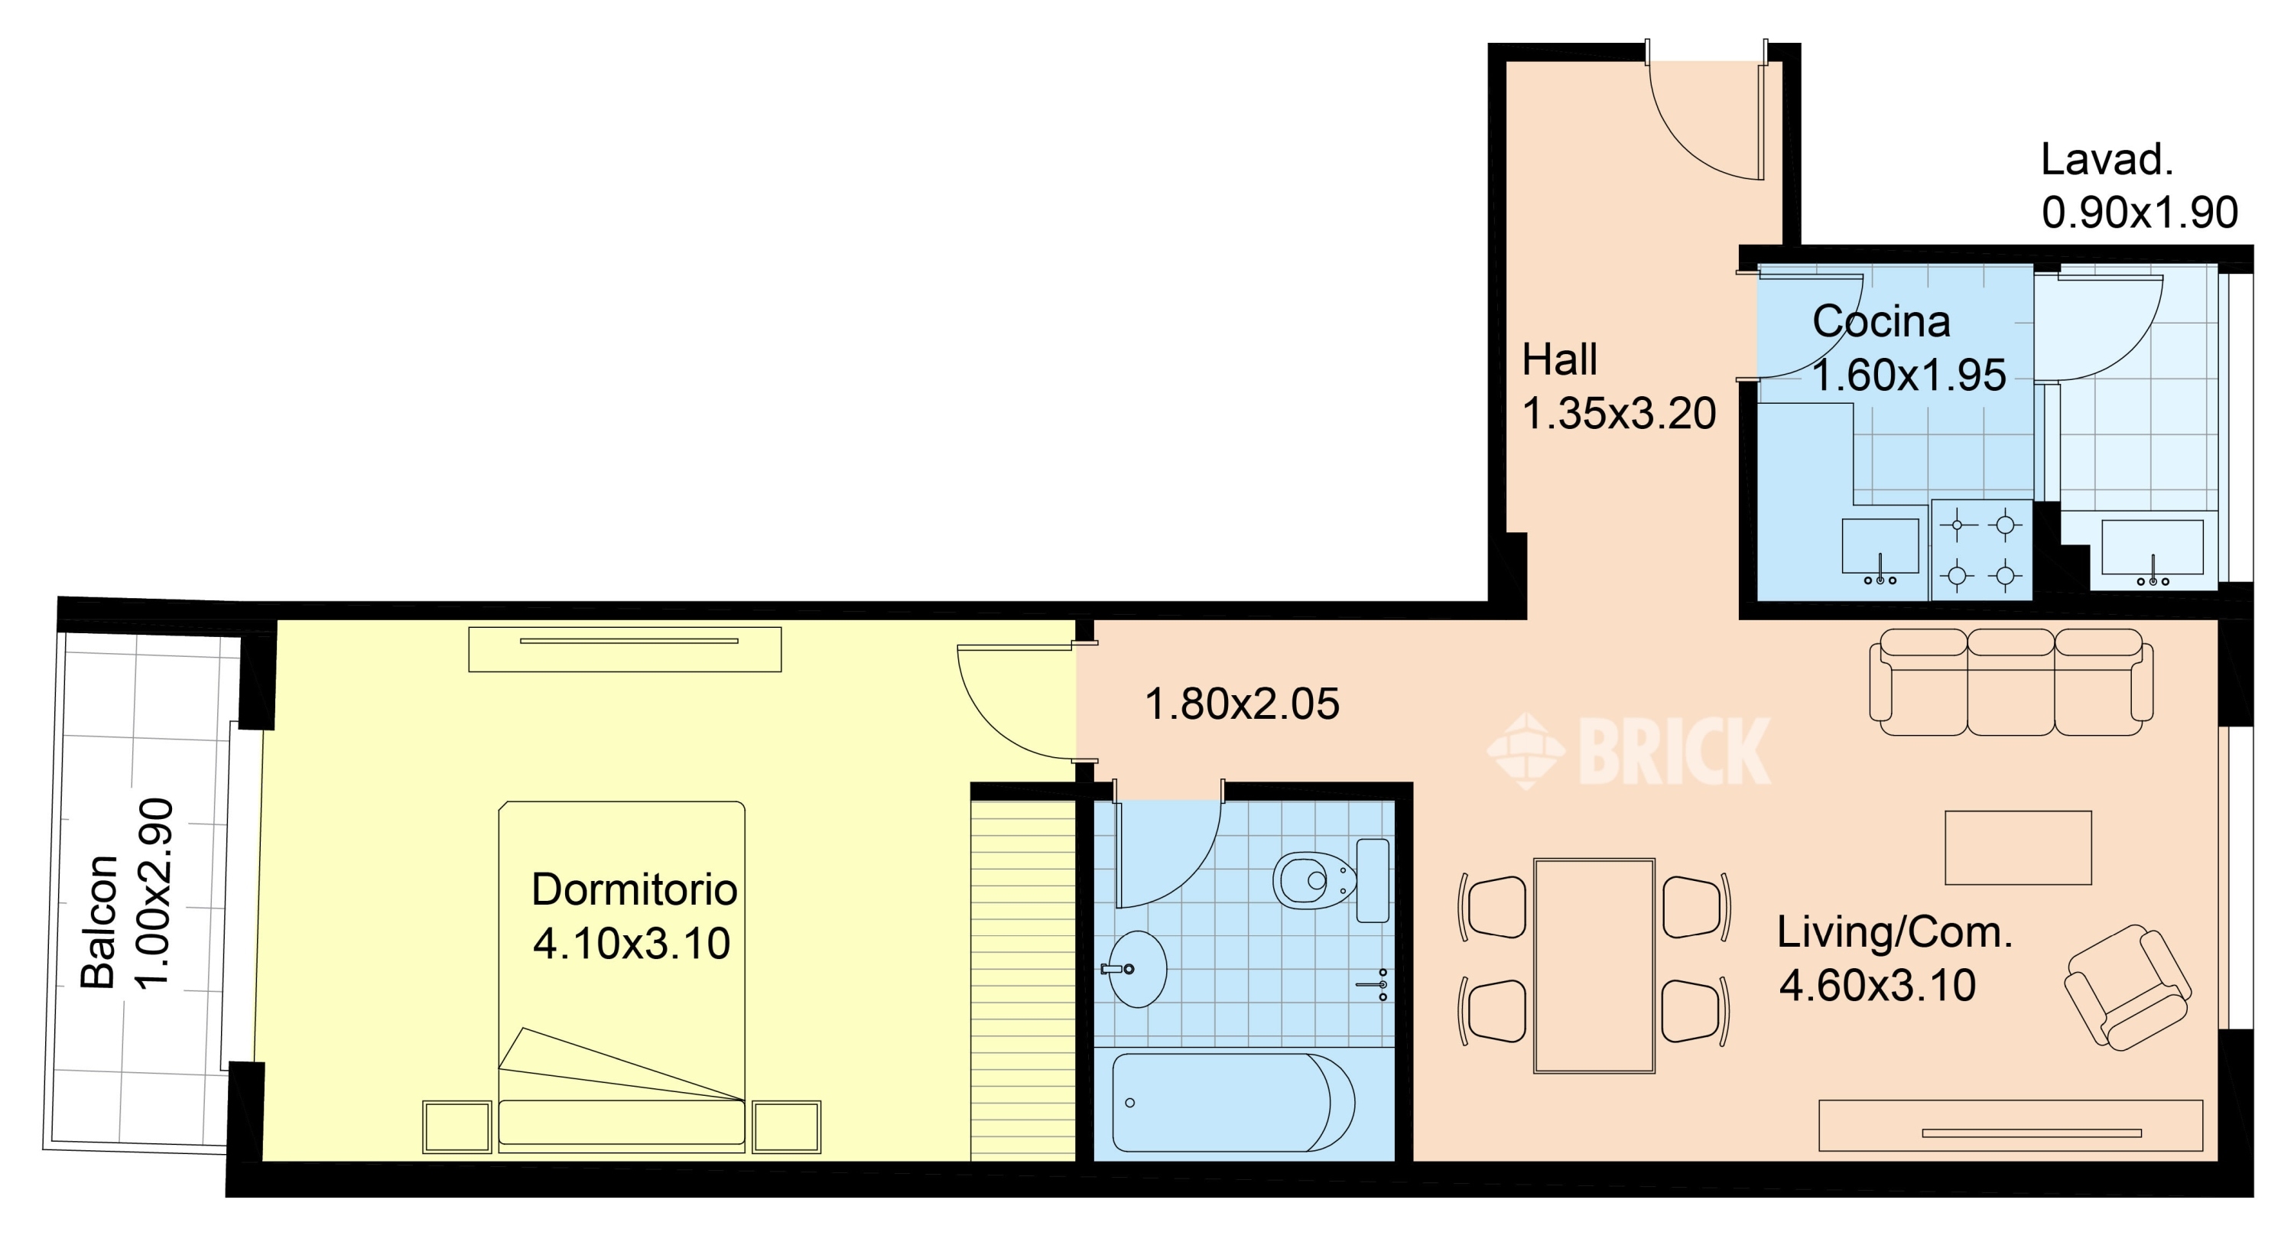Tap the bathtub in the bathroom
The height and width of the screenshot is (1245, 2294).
click(1233, 1103)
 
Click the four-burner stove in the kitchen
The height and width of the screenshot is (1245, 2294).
click(1981, 550)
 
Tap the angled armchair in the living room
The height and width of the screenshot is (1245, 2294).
click(2127, 987)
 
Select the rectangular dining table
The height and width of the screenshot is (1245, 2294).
click(1594, 967)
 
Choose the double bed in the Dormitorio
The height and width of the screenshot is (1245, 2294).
click(622, 977)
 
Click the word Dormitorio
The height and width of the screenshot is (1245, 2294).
click(634, 889)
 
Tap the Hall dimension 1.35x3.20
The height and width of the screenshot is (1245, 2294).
click(1619, 413)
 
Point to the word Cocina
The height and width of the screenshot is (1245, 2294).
click(1881, 320)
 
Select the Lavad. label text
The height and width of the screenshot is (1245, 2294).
click(2107, 161)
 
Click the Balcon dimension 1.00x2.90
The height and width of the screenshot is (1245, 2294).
click(153, 893)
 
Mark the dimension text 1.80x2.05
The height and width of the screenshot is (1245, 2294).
click(1241, 704)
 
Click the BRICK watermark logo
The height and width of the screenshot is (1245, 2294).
click(1629, 751)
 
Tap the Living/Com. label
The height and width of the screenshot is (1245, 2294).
click(1895, 933)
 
